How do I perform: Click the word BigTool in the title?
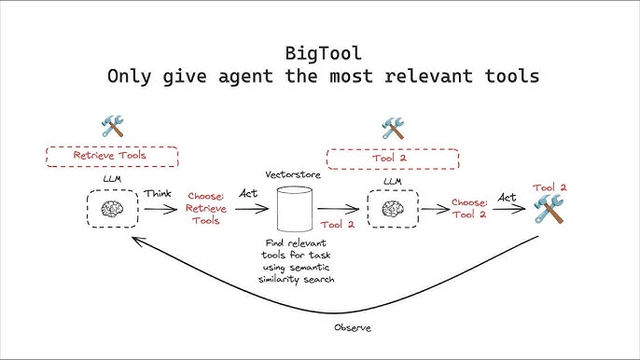coord(320,52)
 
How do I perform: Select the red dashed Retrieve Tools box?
coord(112,156)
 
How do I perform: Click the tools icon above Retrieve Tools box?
coord(113,127)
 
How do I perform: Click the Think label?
coord(157,193)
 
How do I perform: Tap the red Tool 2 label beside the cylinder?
coord(337,224)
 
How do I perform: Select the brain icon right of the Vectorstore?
coord(393,207)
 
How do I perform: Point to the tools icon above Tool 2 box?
coord(392,127)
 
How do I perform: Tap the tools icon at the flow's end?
coord(550,213)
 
